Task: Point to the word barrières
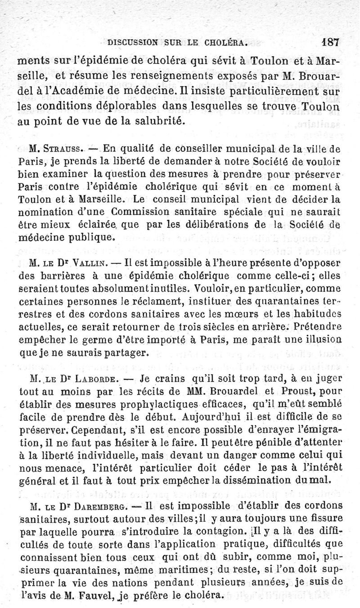tap(74, 275)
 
